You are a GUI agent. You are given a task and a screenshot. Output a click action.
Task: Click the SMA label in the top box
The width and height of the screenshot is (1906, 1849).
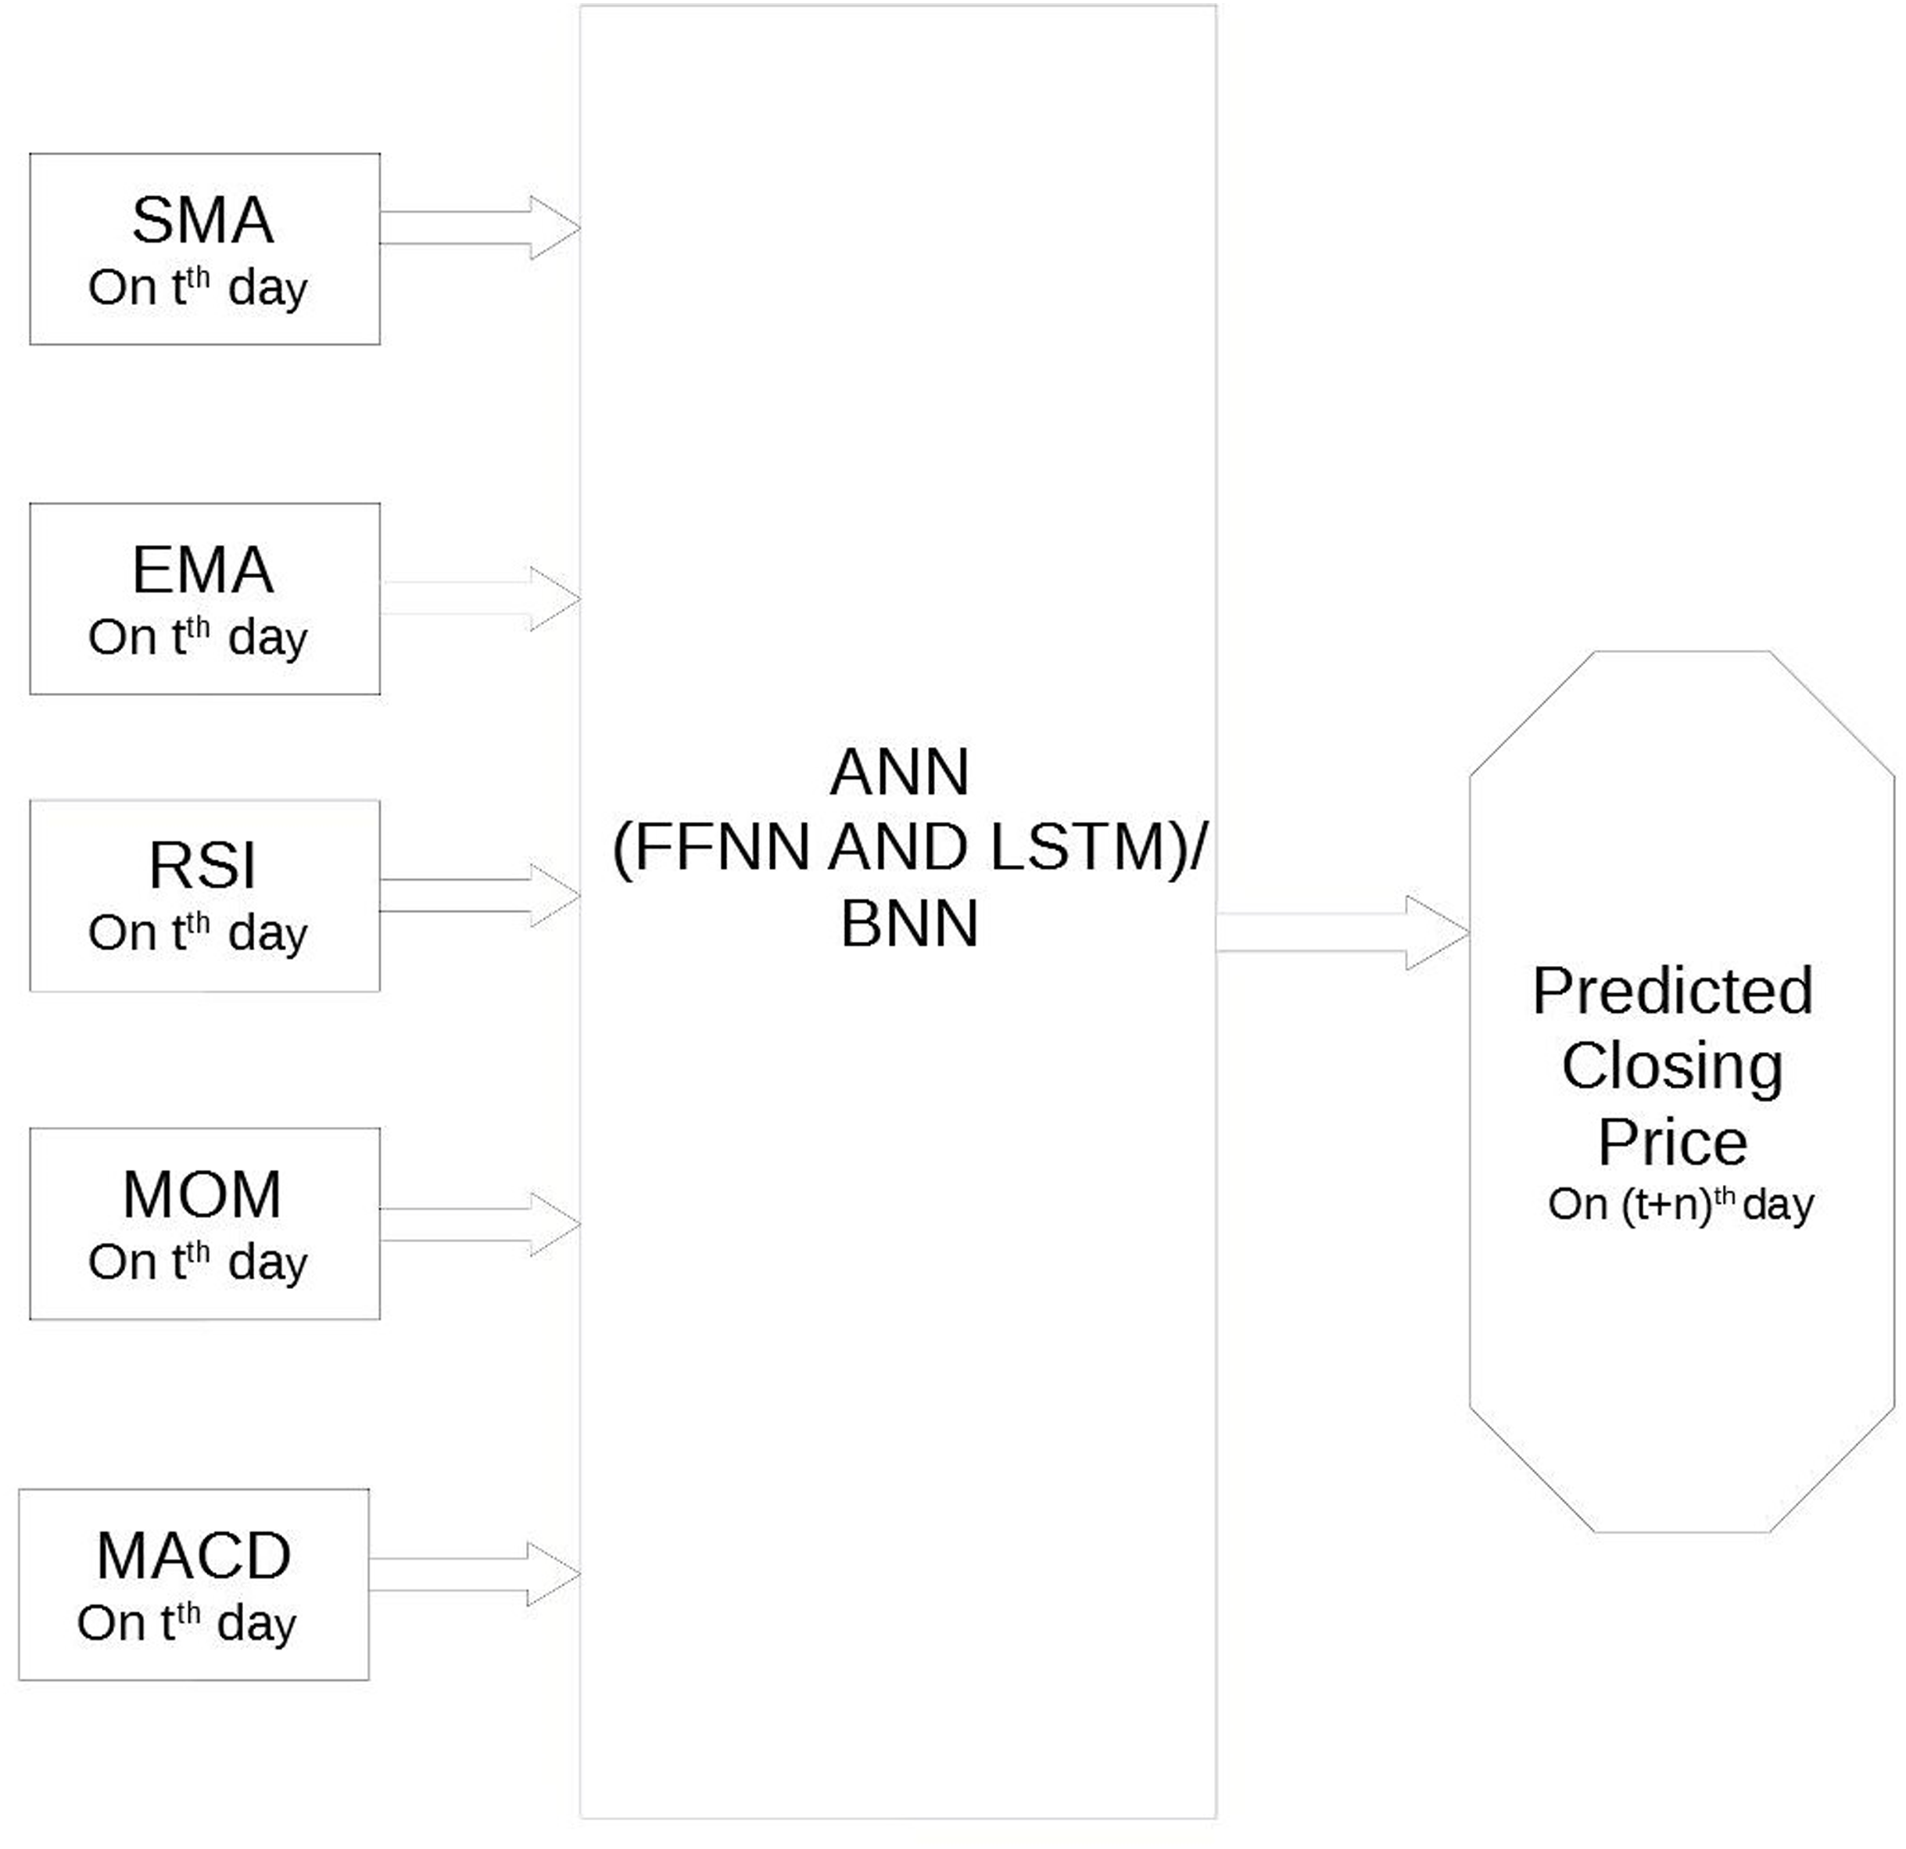(202, 221)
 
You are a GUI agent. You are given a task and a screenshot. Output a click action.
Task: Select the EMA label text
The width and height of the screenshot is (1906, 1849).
(202, 571)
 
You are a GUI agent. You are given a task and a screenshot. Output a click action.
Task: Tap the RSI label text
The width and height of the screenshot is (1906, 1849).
(202, 866)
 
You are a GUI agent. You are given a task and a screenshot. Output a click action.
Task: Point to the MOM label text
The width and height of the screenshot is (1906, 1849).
(202, 1195)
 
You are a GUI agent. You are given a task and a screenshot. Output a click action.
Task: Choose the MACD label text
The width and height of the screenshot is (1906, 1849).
(194, 1556)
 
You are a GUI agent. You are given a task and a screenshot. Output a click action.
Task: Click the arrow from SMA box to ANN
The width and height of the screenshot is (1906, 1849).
(478, 228)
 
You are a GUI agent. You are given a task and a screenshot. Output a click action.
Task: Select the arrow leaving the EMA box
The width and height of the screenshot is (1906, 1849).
(478, 598)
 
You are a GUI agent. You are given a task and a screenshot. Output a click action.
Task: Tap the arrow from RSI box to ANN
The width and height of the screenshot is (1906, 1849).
(478, 895)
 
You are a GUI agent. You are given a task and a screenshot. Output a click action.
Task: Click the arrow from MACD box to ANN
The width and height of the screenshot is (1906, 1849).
(474, 1574)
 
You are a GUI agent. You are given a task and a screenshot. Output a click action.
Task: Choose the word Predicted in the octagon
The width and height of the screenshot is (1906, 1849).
(1672, 991)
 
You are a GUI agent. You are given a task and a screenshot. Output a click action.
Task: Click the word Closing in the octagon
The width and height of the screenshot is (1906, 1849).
(1672, 1067)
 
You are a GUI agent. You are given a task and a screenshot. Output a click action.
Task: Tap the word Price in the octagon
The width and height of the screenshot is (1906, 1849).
(1672, 1142)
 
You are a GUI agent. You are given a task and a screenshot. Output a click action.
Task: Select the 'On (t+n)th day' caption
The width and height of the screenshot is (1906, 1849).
(1680, 1205)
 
